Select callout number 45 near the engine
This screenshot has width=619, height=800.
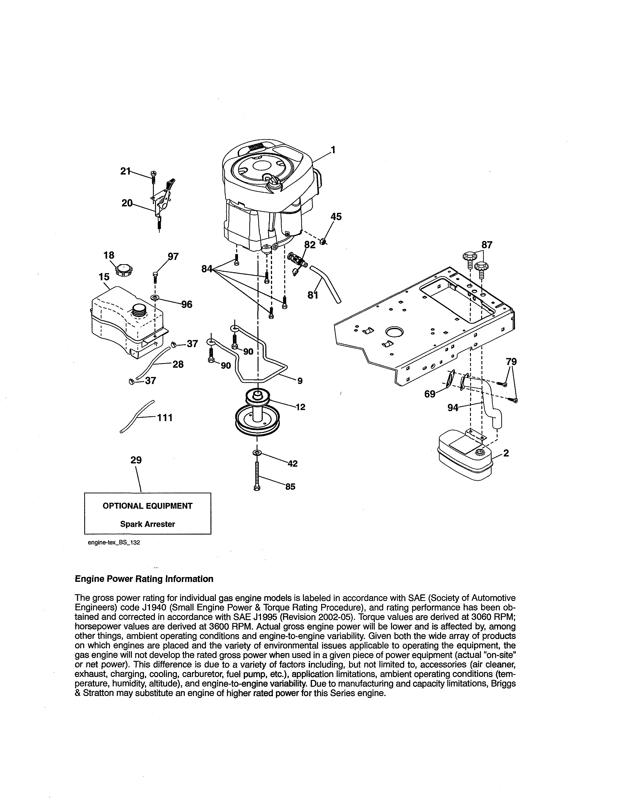tap(336, 217)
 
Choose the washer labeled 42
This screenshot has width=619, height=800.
tap(257, 454)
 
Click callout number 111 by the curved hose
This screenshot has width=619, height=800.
tap(165, 418)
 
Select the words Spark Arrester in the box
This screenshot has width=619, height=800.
tap(147, 524)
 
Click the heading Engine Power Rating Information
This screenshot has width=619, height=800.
tap(144, 579)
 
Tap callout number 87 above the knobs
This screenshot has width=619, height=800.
tap(487, 245)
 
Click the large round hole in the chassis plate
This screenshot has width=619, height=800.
tap(394, 332)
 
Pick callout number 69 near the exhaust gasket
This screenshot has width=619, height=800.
tap(429, 394)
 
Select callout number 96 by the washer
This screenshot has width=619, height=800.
tap(187, 304)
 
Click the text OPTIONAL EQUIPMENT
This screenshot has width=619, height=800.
tap(147, 506)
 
